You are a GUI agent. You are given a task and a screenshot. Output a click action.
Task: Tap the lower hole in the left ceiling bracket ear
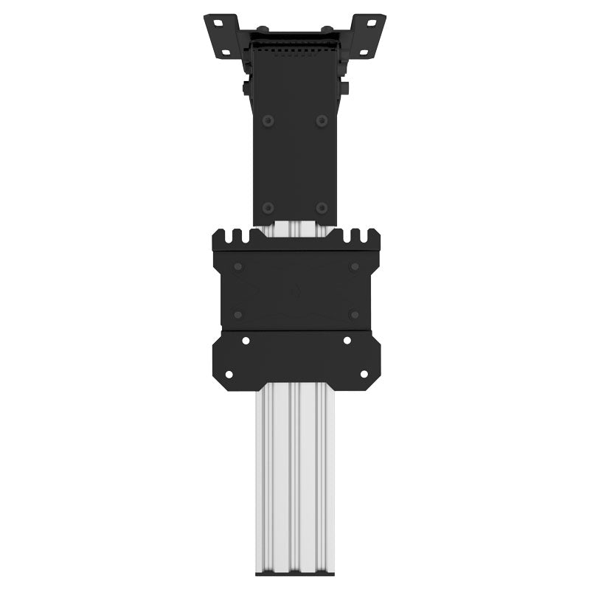(x=221, y=50)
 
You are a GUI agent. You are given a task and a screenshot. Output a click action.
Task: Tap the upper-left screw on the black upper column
(x=268, y=120)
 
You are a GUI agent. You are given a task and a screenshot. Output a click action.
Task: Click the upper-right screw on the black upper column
(x=322, y=120)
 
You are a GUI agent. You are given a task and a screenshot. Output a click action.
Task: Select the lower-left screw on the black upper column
(x=268, y=208)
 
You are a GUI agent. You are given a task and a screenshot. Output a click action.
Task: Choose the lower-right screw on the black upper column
(x=322, y=208)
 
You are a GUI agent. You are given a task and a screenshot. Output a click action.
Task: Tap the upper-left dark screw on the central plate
(x=237, y=266)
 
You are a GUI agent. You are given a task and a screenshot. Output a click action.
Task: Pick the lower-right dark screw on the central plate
(x=354, y=315)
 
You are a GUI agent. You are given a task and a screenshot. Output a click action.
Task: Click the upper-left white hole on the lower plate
(x=246, y=341)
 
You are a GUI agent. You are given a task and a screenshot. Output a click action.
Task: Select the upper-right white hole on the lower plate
(x=347, y=341)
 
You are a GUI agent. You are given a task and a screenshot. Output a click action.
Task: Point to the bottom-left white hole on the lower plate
(x=229, y=374)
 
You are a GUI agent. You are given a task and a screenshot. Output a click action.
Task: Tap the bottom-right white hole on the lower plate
(x=363, y=374)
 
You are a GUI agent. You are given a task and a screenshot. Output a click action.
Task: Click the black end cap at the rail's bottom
(x=295, y=572)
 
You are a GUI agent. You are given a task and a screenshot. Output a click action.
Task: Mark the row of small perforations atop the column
(x=295, y=52)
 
